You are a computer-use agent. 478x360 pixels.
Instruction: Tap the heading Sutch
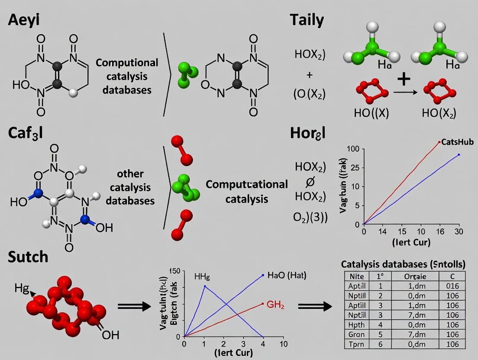pyautogui.click(x=28, y=257)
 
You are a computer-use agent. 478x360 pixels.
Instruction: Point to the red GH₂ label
pyautogui.click(x=275, y=304)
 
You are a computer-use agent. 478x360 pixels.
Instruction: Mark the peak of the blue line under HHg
pyautogui.click(x=205, y=286)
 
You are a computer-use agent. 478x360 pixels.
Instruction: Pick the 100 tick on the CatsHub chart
pyautogui.click(x=354, y=149)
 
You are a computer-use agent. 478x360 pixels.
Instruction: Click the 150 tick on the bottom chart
pyautogui.click(x=174, y=271)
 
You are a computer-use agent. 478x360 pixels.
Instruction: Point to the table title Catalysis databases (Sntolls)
pyautogui.click(x=403, y=264)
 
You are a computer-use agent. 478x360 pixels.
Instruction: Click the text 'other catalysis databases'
pyautogui.click(x=130, y=187)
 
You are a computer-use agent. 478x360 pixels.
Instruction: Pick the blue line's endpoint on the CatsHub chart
pyautogui.click(x=459, y=154)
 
